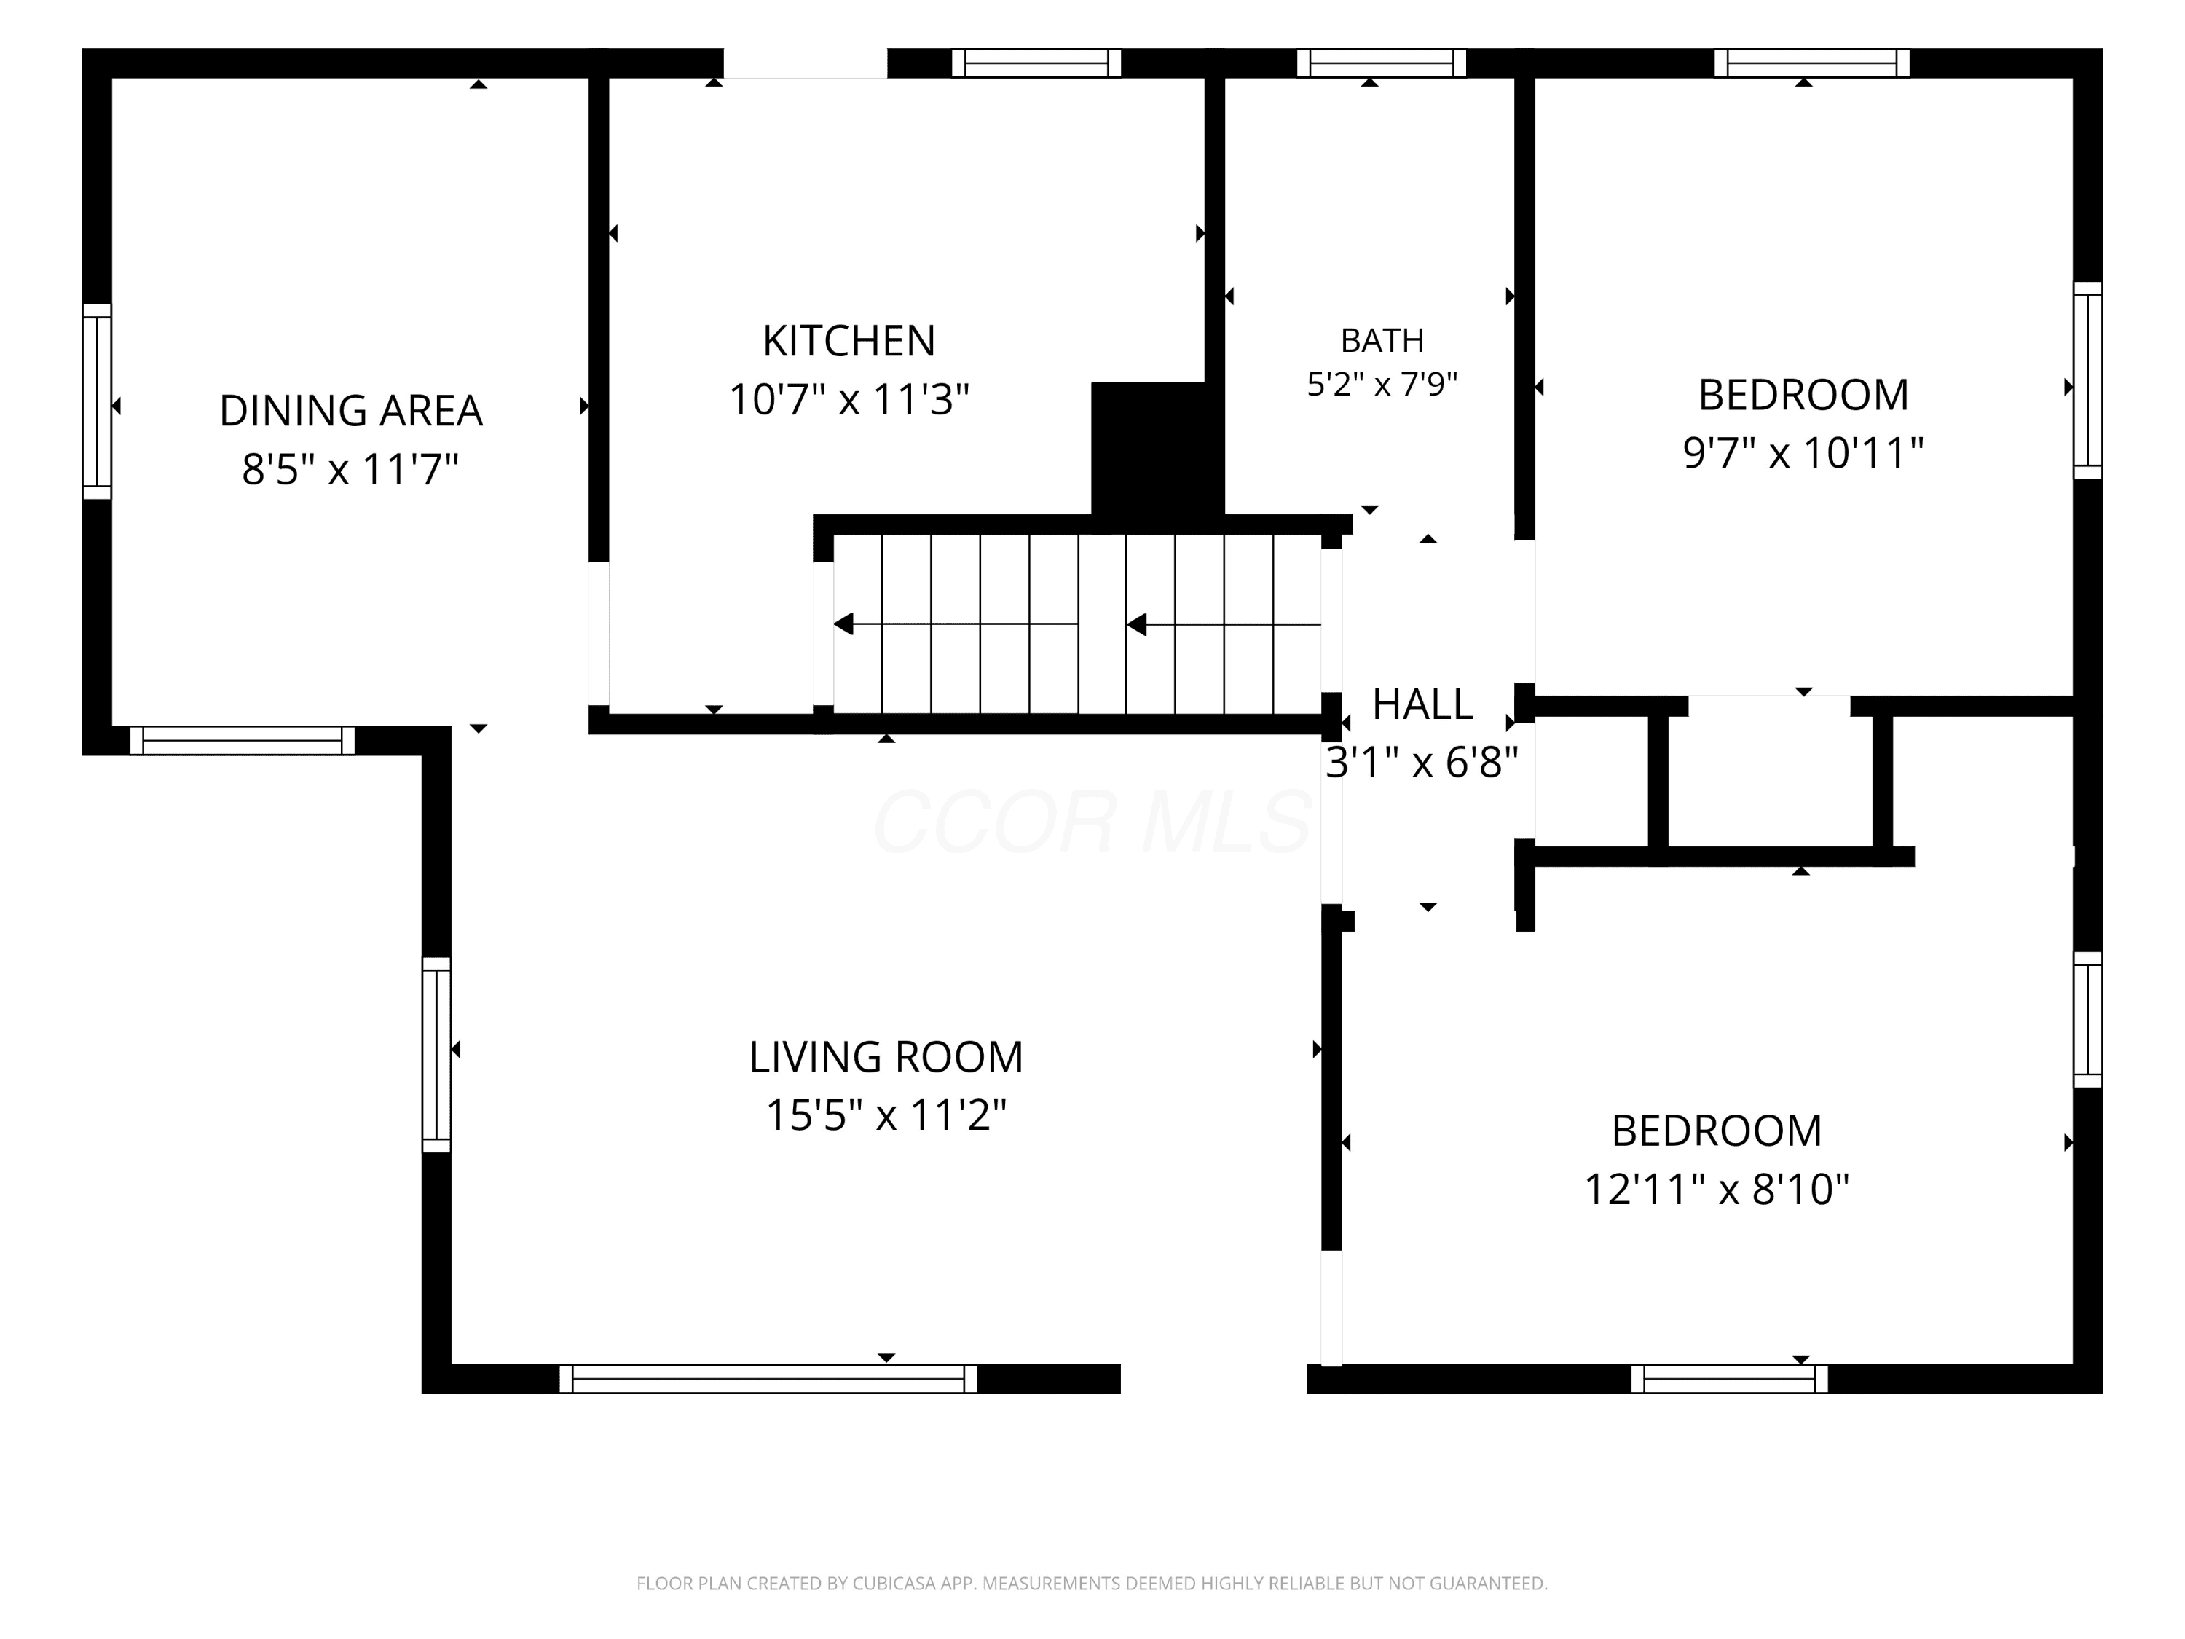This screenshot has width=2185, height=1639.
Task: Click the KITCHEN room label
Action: pyautogui.click(x=849, y=341)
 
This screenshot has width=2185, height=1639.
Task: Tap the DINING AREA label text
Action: pyautogui.click(x=350, y=411)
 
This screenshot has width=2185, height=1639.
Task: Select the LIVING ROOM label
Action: pyautogui.click(x=886, y=1057)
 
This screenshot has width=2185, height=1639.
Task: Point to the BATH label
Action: pyautogui.click(x=1382, y=341)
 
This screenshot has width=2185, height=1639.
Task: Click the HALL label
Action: pyautogui.click(x=1422, y=704)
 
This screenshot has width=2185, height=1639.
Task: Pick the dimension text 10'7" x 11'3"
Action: pyautogui.click(x=849, y=400)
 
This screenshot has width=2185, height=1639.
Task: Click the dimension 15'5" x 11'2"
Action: pyautogui.click(x=886, y=1115)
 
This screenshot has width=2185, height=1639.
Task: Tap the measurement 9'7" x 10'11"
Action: pyautogui.click(x=1803, y=454)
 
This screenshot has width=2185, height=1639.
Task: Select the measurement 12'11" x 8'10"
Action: pyautogui.click(x=1717, y=1190)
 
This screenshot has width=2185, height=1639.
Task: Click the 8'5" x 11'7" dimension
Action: pyautogui.click(x=350, y=469)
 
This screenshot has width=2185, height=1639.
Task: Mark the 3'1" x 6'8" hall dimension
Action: pyautogui.click(x=1422, y=763)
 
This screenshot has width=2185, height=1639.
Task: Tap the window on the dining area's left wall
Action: pyautogui.click(x=97, y=401)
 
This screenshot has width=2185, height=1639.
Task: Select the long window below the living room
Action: pyautogui.click(x=768, y=1378)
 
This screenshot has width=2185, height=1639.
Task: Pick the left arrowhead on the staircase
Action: pyautogui.click(x=843, y=624)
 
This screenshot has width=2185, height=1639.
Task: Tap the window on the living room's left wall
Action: pyautogui.click(x=436, y=1054)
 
